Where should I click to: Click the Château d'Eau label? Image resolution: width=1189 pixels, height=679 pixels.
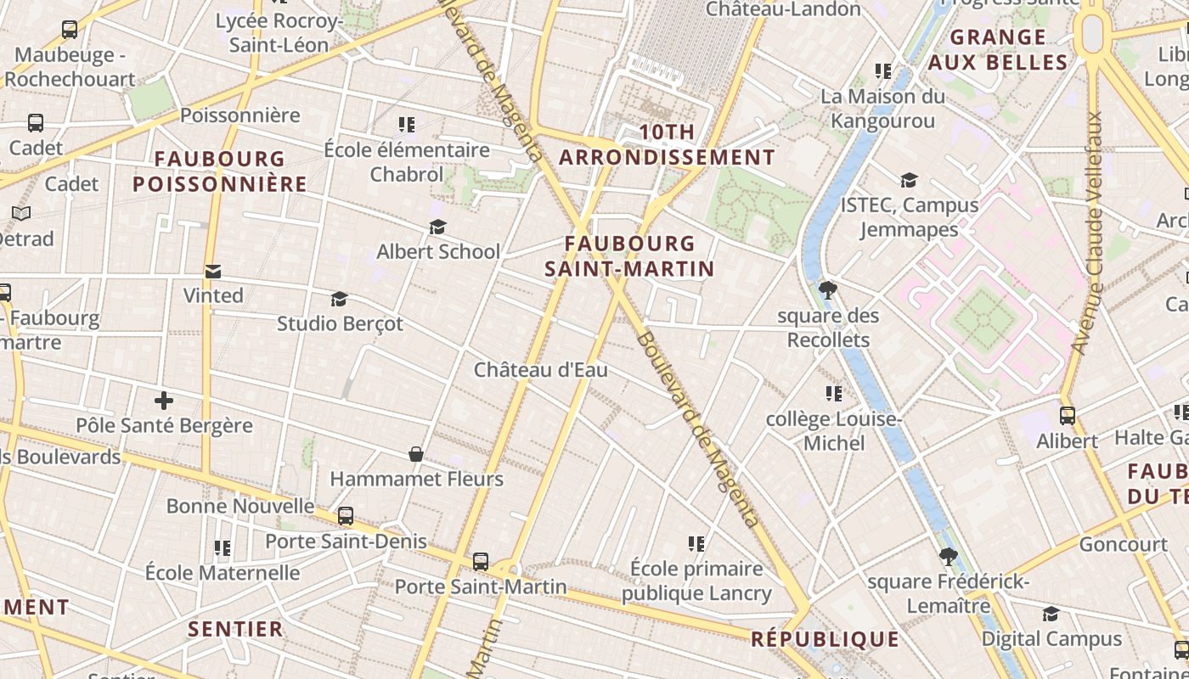(x=541, y=370)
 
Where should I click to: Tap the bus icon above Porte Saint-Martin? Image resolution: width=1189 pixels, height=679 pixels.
(x=481, y=561)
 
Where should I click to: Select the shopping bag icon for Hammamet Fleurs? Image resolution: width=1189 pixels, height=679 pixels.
(x=416, y=454)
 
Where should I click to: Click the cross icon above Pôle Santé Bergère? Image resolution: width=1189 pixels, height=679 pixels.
(x=164, y=401)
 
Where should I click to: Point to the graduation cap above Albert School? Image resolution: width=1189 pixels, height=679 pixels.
(x=437, y=227)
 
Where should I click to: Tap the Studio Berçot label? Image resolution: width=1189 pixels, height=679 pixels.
(x=340, y=323)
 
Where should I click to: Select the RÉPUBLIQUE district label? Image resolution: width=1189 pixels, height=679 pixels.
(x=825, y=639)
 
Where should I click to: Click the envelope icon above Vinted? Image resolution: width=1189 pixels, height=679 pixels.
(x=213, y=272)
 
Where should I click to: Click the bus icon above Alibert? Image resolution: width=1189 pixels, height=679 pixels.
(x=1068, y=416)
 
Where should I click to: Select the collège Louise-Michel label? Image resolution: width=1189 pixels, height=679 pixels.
(x=833, y=431)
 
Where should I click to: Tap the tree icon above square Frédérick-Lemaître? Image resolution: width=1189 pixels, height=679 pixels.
(x=949, y=557)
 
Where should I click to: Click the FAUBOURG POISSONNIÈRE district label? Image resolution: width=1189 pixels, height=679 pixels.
(x=220, y=171)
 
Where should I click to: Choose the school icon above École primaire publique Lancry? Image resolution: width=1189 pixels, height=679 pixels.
(x=696, y=543)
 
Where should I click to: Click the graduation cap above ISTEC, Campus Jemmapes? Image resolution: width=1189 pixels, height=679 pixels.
(x=909, y=180)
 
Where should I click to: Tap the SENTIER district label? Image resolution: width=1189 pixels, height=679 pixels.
(x=235, y=629)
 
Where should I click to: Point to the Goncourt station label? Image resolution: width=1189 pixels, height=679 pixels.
(x=1123, y=544)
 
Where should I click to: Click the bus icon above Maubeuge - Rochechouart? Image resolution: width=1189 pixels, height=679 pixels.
(x=70, y=30)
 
